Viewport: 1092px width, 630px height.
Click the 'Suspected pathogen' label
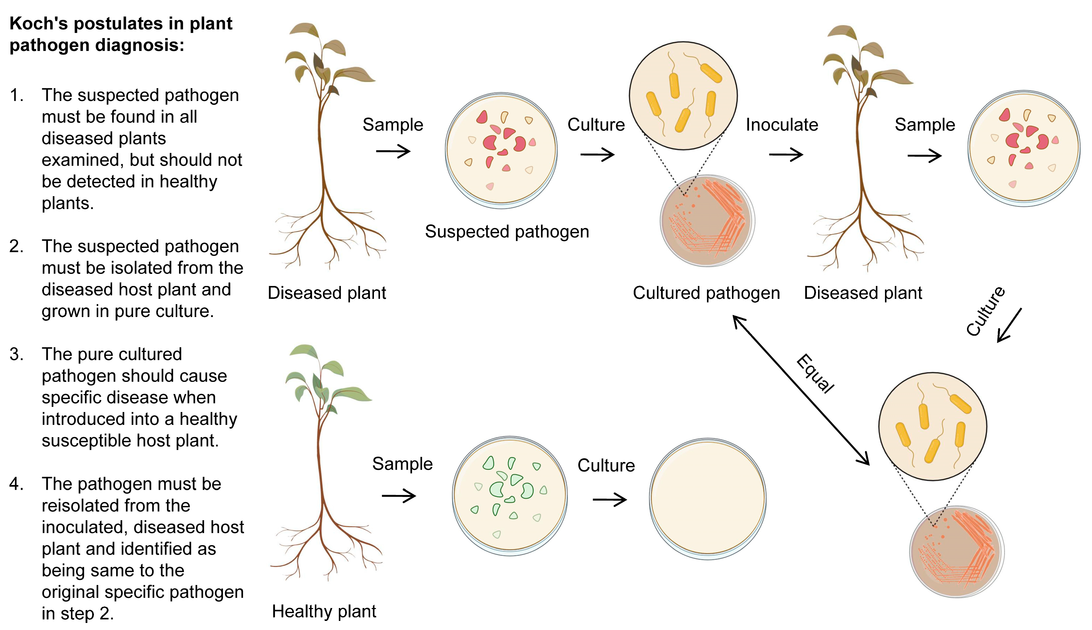(507, 232)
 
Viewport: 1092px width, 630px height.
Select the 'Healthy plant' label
(324, 611)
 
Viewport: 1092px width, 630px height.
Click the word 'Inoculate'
(782, 125)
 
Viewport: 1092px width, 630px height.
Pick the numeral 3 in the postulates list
(16, 354)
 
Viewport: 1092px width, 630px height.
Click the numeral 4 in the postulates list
(16, 484)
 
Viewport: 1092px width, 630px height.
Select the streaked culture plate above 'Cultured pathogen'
(707, 221)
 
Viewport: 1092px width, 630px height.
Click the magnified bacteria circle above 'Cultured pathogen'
(683, 96)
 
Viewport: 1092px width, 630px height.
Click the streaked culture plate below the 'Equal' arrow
(956, 552)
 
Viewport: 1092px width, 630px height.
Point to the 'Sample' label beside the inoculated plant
(925, 125)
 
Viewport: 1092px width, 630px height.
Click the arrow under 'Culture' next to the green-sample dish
(610, 500)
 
